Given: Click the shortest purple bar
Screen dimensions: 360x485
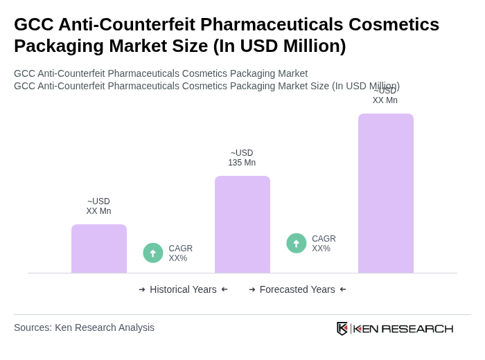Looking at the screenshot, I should tap(98, 249).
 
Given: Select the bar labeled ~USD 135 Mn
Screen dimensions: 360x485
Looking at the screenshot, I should tap(242, 224).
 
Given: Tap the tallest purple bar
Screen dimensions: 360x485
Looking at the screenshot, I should tap(385, 193).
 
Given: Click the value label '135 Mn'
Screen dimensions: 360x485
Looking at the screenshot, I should tap(242, 163).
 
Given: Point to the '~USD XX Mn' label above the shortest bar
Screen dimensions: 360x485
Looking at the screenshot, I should tap(98, 206).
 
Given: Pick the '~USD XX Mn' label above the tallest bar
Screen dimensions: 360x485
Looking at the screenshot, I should tap(385, 96).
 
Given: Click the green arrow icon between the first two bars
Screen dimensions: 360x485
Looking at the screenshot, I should tap(153, 253).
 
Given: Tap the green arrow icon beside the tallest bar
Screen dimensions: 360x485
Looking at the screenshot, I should tap(297, 243).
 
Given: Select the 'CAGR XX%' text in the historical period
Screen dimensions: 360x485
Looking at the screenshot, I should tap(180, 253).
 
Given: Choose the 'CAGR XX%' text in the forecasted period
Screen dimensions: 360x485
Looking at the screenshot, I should tap(324, 244).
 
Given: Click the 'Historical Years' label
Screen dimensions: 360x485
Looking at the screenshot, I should tap(183, 289).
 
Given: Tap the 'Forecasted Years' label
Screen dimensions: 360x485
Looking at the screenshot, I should tap(297, 289).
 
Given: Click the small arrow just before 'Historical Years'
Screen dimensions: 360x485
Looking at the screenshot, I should tap(142, 289).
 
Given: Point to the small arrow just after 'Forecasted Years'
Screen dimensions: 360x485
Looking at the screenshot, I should tap(343, 289).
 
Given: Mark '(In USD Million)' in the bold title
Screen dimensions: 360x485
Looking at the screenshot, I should tap(279, 46).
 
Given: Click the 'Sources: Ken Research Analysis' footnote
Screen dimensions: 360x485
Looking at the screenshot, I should tap(84, 327).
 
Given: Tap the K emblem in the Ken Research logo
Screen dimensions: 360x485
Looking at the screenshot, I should tap(342, 328).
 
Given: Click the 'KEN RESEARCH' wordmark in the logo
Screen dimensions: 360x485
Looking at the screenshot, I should tap(403, 328).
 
